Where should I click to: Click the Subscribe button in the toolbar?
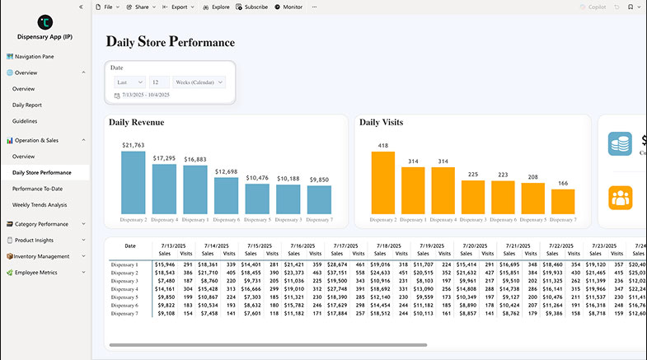point(251,7)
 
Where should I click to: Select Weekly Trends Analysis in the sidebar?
point(40,204)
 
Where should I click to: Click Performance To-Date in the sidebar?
point(38,189)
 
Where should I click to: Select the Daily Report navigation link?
point(27,105)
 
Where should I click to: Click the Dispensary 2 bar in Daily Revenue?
point(134,183)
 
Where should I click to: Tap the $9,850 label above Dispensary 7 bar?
point(319,179)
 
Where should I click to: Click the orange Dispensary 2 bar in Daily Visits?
point(383,183)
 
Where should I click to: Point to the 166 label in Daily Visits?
point(563,183)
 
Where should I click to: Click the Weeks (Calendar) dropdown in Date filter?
point(198,82)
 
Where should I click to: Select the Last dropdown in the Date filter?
point(129,82)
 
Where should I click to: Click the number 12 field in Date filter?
point(159,82)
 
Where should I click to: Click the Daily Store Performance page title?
point(171,42)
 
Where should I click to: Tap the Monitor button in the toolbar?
point(288,7)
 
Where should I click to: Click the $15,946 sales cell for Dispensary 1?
point(166,264)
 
